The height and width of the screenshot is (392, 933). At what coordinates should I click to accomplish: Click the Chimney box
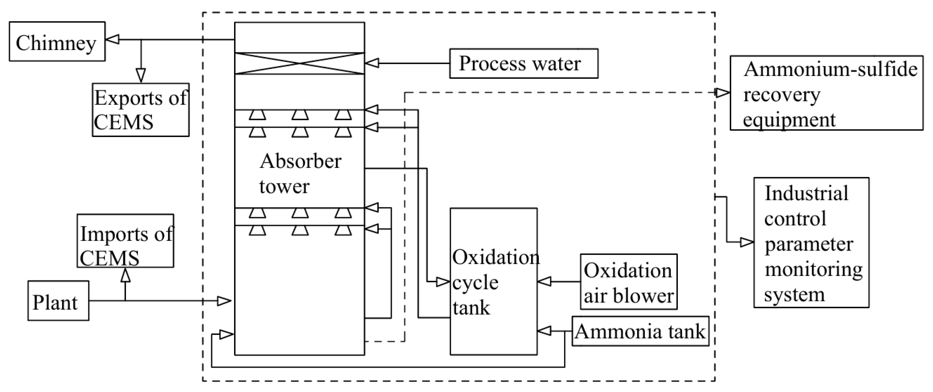tap(57, 41)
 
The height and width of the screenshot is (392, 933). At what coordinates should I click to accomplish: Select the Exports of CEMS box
tap(140, 110)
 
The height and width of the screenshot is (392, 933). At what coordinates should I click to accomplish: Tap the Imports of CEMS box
tap(125, 241)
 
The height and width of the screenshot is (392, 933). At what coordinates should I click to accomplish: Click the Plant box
tap(58, 301)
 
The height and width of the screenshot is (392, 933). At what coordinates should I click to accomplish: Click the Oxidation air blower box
tap(628, 282)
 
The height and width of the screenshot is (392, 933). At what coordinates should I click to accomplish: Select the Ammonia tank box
tap(640, 331)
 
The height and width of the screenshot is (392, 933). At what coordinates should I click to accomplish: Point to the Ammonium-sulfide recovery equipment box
tap(826, 93)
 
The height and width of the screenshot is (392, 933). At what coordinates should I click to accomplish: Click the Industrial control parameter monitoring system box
tap(811, 242)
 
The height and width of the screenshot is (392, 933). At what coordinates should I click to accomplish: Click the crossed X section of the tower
tap(300, 64)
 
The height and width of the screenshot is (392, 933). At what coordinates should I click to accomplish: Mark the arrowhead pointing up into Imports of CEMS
tap(125, 275)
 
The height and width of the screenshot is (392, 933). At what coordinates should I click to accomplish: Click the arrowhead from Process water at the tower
tap(372, 63)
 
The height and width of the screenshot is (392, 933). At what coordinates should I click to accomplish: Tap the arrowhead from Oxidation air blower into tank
tap(544, 282)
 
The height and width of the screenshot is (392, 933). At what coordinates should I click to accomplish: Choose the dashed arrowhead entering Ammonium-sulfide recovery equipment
tap(723, 93)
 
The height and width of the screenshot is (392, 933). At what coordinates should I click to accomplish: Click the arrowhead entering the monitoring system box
tap(746, 242)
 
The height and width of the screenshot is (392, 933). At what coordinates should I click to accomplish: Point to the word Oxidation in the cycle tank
tap(496, 258)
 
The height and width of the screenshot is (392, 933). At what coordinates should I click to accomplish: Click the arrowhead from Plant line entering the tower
tap(224, 301)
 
